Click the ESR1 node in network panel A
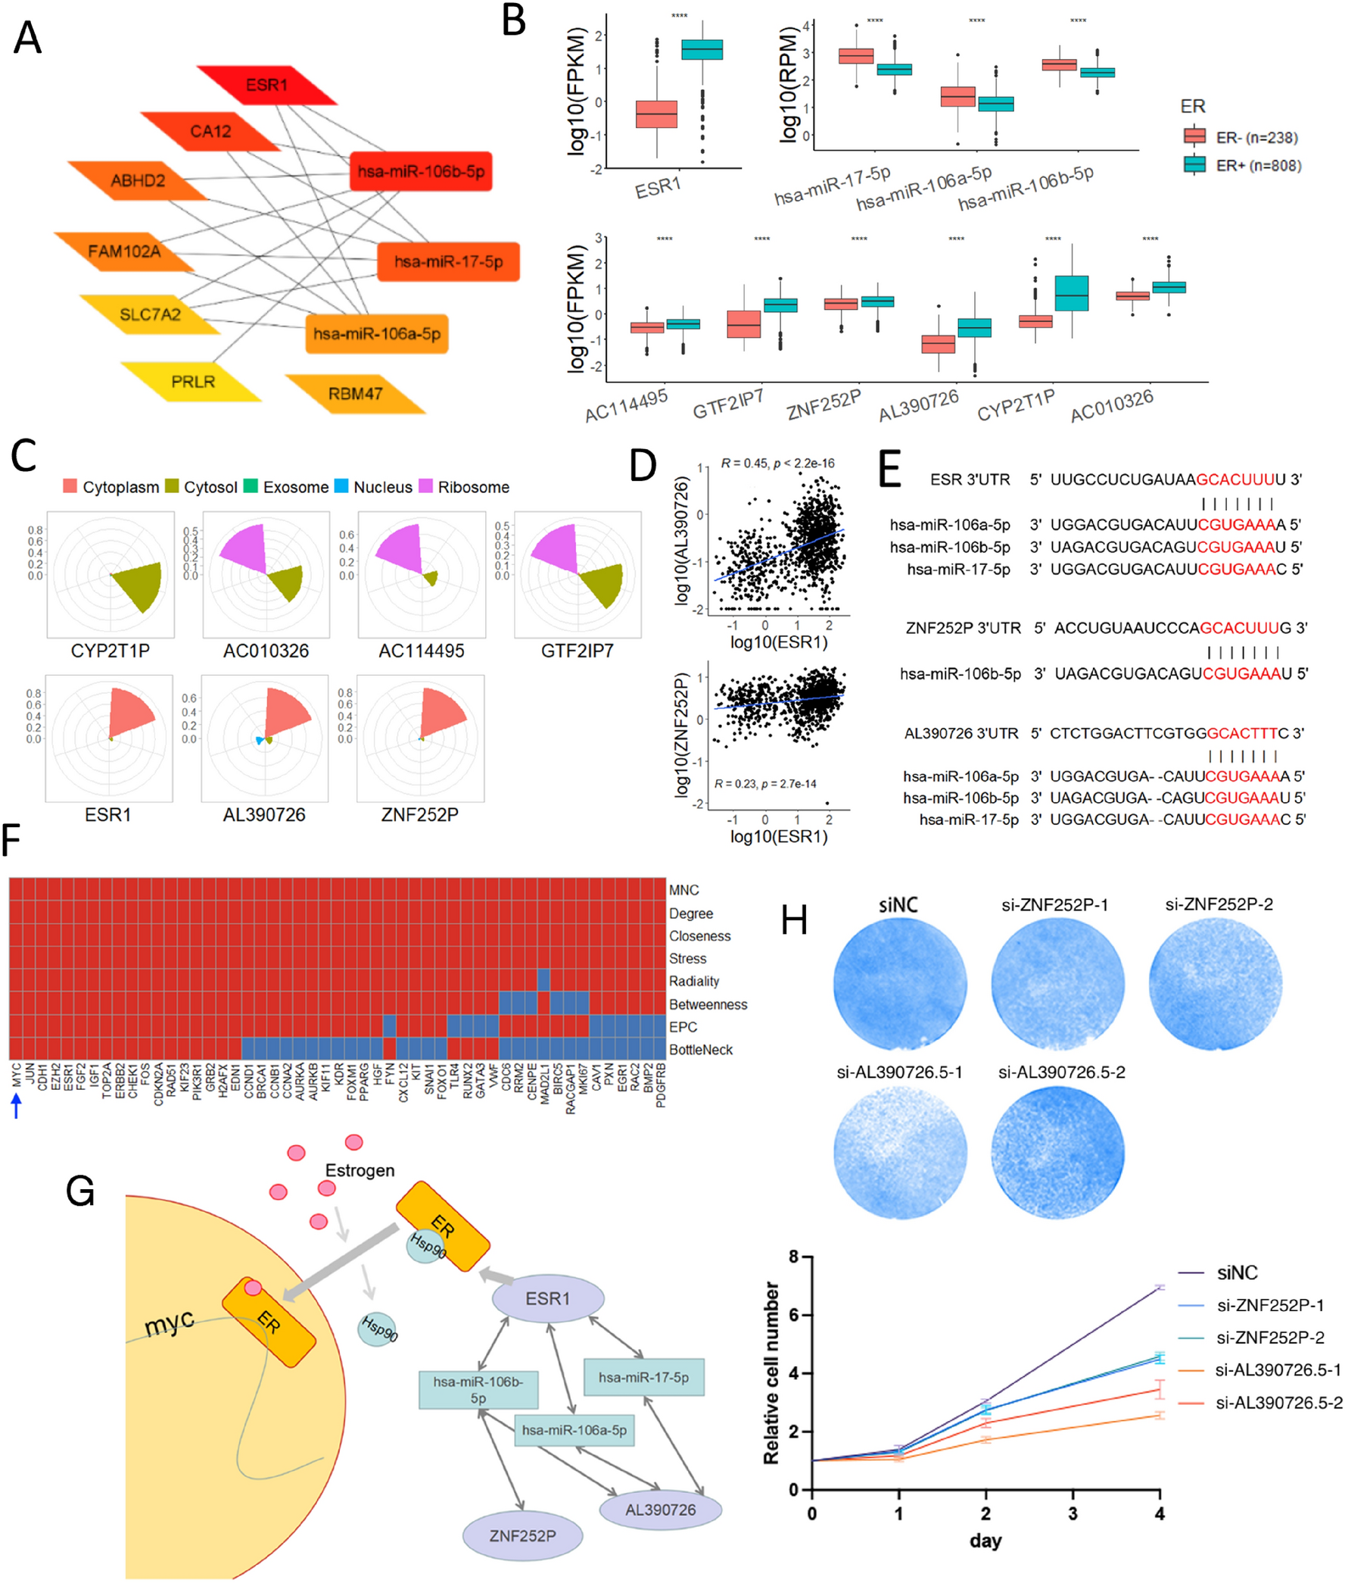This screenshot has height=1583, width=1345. [266, 85]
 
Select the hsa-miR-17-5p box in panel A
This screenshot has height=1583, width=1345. [447, 261]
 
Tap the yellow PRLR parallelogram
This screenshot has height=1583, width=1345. [192, 382]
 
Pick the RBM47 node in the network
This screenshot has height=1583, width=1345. [354, 394]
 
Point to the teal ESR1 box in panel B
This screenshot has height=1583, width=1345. [702, 49]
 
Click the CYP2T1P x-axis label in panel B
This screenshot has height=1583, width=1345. [1016, 405]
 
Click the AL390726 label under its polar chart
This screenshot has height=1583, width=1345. [264, 815]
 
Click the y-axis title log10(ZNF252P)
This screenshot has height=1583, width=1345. [683, 734]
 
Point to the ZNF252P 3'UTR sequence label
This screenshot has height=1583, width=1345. [963, 628]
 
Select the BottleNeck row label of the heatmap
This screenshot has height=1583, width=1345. [700, 1050]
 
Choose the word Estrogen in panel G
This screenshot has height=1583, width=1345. [360, 1170]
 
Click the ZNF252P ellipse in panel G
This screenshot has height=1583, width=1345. [522, 1536]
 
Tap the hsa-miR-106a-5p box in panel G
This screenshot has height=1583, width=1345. [574, 1430]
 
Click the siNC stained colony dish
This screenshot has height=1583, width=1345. [899, 984]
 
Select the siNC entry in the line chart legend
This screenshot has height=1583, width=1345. [1236, 1273]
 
